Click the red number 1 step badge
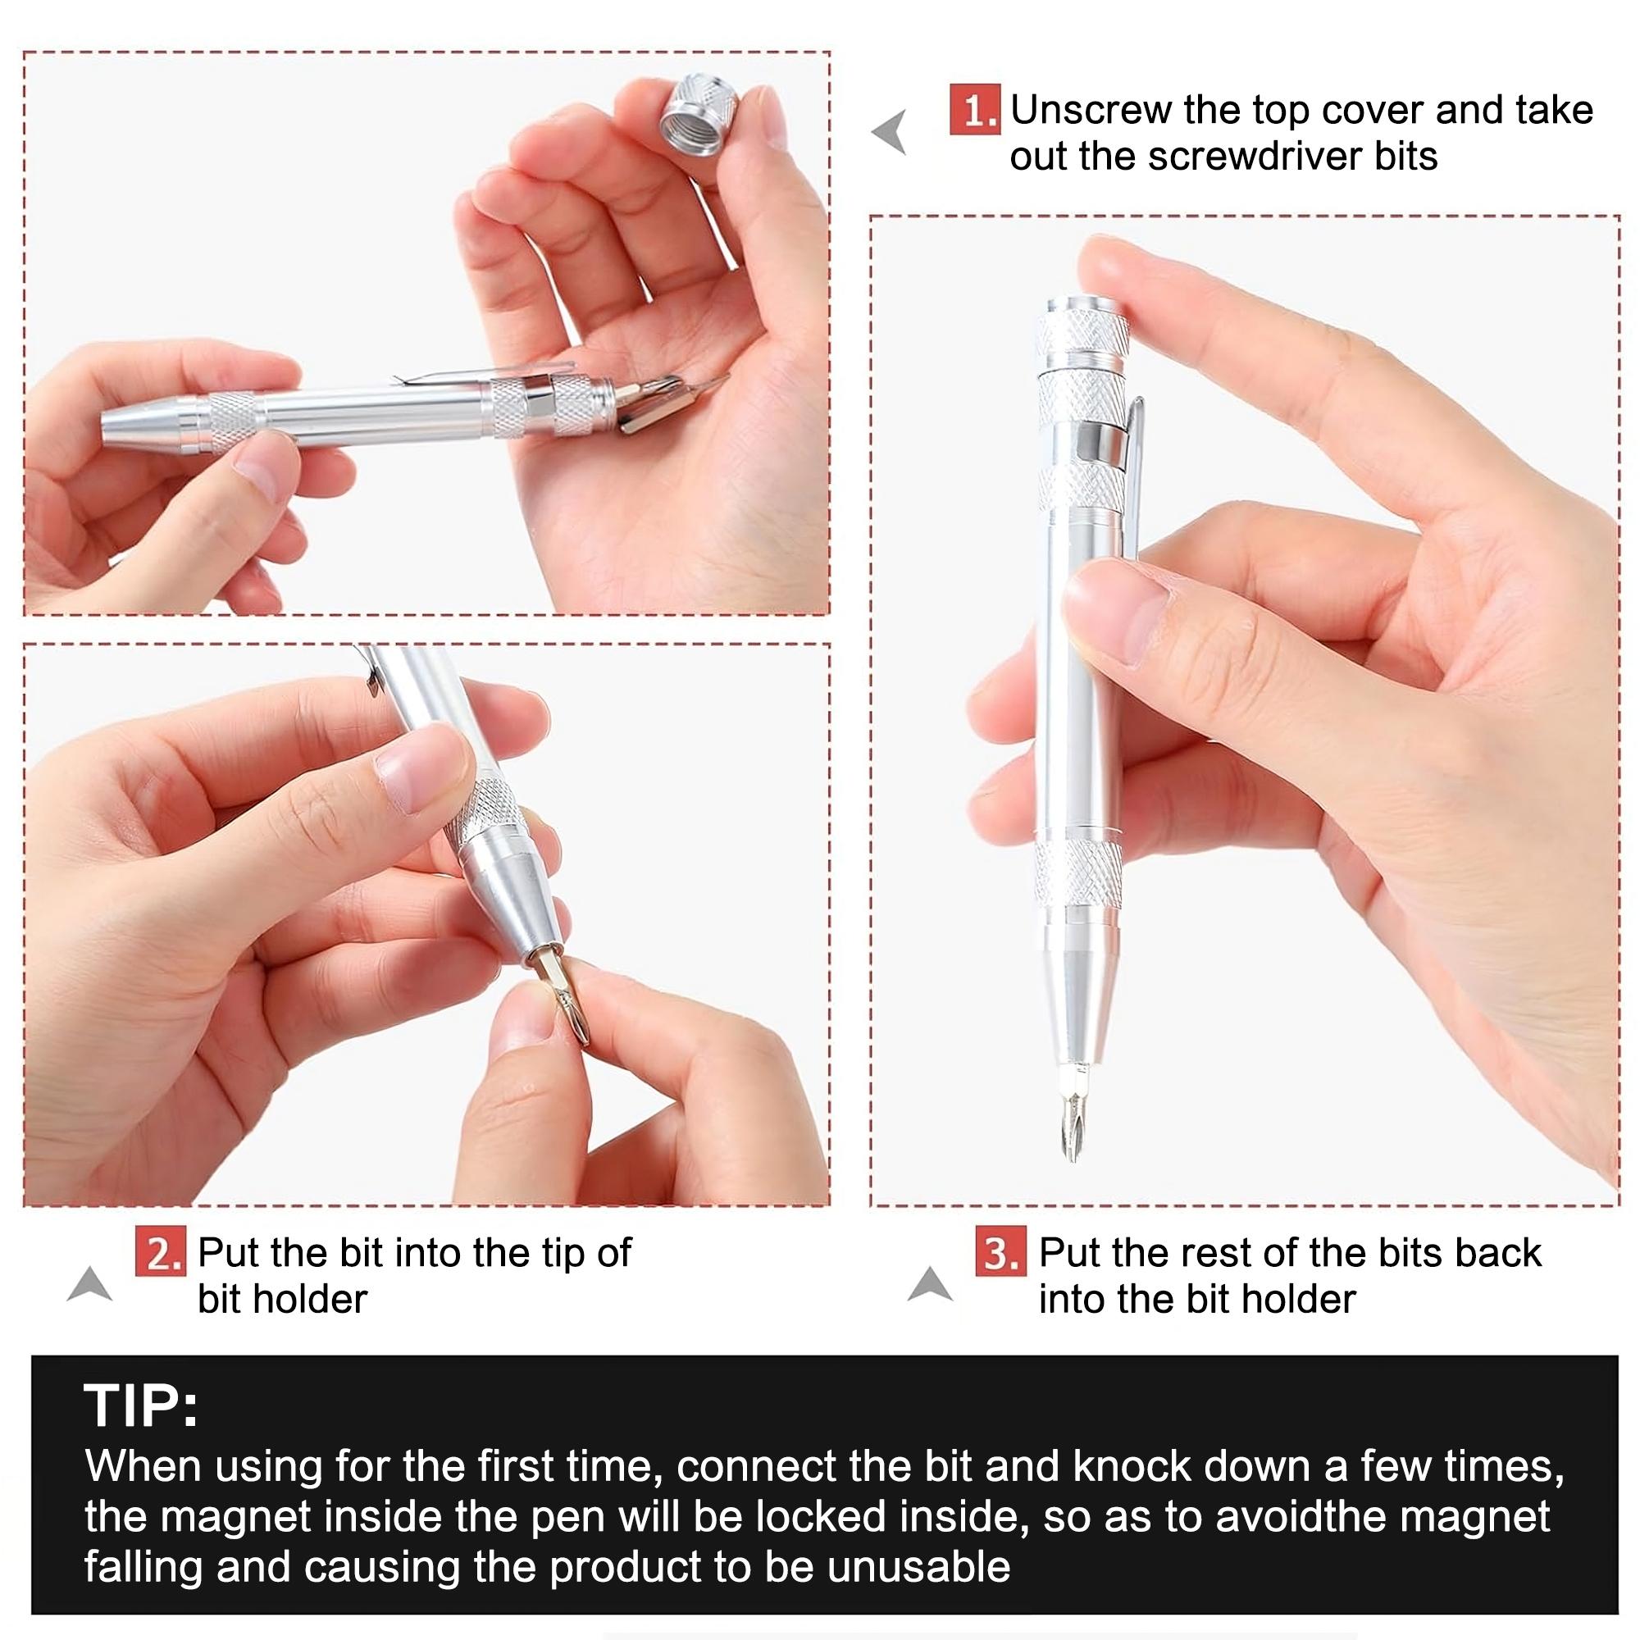click(974, 111)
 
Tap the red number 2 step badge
click(160, 1253)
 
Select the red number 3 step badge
click(1000, 1253)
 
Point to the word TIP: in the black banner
click(141, 1406)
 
